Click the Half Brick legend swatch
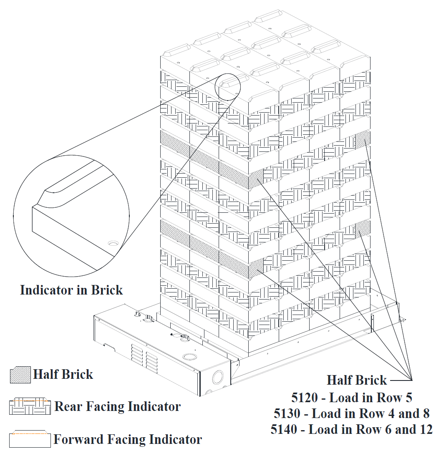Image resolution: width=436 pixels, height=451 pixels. (20, 374)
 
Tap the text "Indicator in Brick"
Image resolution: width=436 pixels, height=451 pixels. (71, 290)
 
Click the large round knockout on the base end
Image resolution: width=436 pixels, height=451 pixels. (217, 378)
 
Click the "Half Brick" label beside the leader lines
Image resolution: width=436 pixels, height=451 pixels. (357, 380)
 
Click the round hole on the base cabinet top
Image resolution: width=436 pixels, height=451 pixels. (189, 357)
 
